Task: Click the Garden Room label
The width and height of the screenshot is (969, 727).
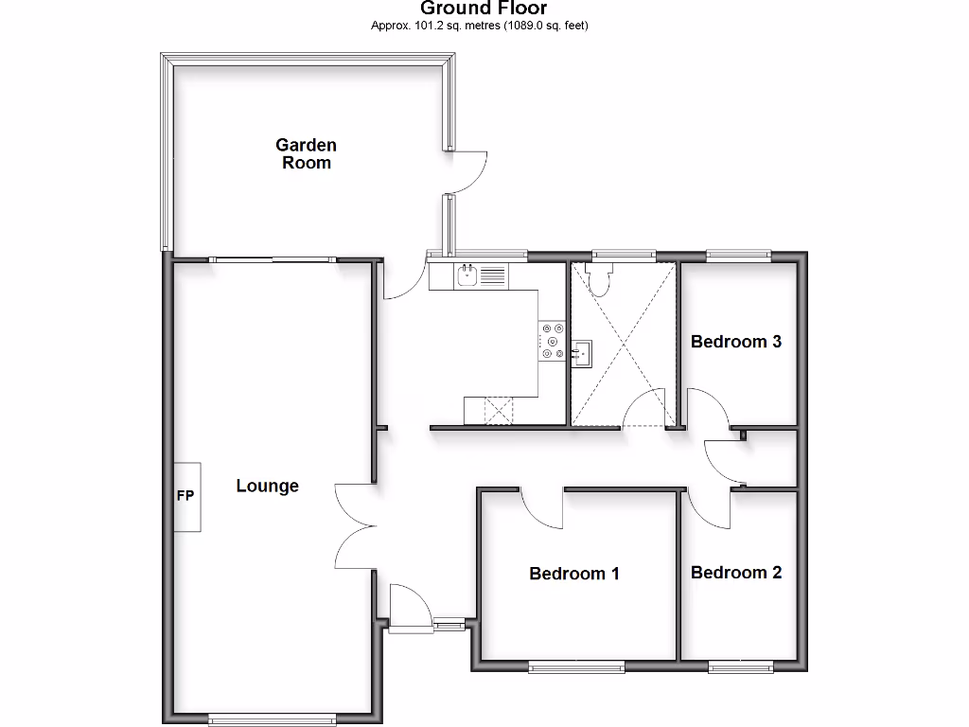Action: (x=306, y=153)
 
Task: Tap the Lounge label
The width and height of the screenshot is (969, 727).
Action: (x=267, y=486)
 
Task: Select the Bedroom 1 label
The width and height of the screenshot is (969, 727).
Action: (x=573, y=573)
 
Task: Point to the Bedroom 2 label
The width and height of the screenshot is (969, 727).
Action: (x=736, y=572)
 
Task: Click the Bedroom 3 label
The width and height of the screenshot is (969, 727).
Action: (x=736, y=341)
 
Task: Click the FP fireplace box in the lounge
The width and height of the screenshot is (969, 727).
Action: (x=186, y=497)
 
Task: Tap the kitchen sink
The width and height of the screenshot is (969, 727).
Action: (x=467, y=275)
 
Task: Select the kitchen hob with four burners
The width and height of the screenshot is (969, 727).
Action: (x=553, y=342)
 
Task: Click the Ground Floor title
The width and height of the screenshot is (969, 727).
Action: (x=484, y=9)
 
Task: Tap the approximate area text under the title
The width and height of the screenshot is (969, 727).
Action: (x=479, y=26)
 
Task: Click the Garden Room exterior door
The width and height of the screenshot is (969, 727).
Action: (x=467, y=172)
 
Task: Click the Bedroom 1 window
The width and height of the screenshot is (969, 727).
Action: (x=576, y=666)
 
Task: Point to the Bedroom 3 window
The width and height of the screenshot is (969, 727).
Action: (x=738, y=254)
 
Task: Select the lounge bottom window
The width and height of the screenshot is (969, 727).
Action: (x=272, y=719)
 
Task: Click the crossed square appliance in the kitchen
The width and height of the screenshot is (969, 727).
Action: (x=498, y=411)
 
